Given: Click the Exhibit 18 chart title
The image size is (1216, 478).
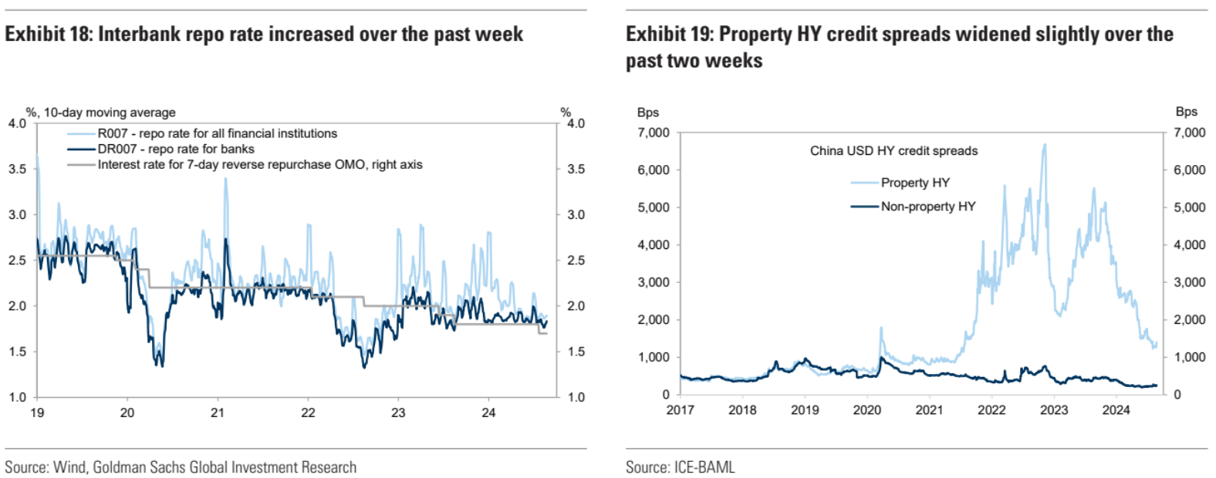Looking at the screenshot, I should (x=264, y=35).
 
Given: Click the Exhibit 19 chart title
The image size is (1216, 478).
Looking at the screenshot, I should (x=899, y=47).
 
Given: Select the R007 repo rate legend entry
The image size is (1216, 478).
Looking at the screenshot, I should (x=217, y=133).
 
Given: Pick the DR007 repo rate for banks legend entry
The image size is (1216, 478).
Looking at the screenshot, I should (x=175, y=149).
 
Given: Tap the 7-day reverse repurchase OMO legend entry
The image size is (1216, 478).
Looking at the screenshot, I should (x=259, y=164).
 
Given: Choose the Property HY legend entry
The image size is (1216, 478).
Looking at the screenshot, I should (x=914, y=183).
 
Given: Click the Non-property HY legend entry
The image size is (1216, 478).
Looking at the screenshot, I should (x=927, y=207).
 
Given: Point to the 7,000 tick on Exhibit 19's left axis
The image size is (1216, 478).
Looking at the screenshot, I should (x=654, y=133).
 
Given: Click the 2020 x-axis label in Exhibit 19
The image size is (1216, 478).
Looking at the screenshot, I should (x=867, y=410).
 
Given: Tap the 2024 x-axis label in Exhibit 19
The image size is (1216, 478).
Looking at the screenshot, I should (x=1116, y=410).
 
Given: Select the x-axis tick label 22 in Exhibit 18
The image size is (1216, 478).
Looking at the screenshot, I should (x=308, y=413).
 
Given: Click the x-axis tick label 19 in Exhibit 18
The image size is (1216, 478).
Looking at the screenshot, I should (x=37, y=413).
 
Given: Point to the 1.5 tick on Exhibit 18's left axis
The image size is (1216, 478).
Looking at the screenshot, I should (x=17, y=352).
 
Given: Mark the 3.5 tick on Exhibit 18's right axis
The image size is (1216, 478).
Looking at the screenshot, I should (x=576, y=169).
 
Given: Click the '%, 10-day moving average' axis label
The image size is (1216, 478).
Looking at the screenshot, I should (x=101, y=113).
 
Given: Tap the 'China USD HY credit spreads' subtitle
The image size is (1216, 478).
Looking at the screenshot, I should (x=893, y=151).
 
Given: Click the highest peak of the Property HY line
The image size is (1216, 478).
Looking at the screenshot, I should (x=1045, y=144).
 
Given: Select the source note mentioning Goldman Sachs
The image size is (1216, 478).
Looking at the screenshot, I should (x=181, y=467).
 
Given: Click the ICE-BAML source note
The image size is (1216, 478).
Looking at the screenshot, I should (x=680, y=467).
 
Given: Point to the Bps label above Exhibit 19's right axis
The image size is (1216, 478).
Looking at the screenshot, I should (x=1186, y=112).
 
